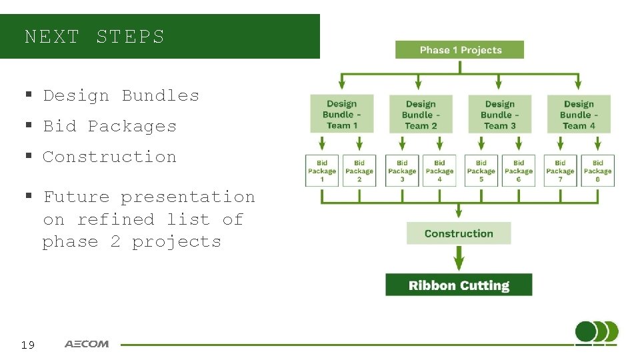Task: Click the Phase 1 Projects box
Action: tap(459, 50)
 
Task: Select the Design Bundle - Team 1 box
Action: tap(342, 114)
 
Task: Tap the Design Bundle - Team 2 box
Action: tap(420, 114)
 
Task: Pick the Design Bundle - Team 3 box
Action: tap(499, 114)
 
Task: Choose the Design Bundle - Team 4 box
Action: tap(579, 114)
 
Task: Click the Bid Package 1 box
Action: tap(322, 171)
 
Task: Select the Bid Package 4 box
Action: tap(439, 171)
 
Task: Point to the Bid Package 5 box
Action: tap(481, 171)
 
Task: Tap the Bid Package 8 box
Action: tap(597, 171)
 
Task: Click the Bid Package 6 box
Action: tap(519, 171)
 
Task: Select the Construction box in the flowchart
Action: tap(459, 233)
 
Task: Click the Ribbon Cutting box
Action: tap(459, 285)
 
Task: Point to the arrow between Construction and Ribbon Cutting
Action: tap(459, 259)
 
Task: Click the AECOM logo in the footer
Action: tap(87, 344)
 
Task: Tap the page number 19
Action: tap(27, 345)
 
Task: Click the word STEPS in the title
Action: tap(130, 37)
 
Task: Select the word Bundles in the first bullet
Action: tap(160, 95)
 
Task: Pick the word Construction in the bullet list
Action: tap(109, 157)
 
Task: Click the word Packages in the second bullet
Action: tap(132, 126)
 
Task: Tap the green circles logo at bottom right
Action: tap(596, 332)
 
